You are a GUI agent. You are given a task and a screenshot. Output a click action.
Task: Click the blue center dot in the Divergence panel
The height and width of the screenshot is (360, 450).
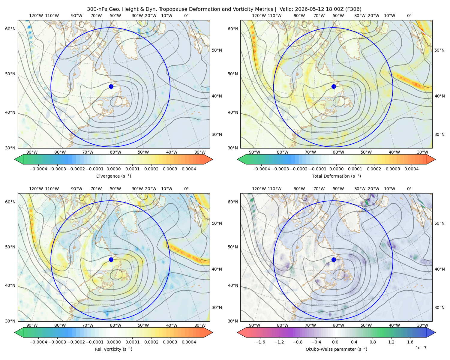coord(111,87)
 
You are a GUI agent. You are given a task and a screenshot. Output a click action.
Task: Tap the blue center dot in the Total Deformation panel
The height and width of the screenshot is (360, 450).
coord(334,87)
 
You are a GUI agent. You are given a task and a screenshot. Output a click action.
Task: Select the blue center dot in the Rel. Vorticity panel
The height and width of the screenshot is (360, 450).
coord(111,259)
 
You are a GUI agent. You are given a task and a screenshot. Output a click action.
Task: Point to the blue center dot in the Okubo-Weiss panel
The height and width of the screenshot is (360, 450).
coord(334,259)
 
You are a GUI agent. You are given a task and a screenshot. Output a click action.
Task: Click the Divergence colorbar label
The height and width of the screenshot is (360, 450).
coord(113,176)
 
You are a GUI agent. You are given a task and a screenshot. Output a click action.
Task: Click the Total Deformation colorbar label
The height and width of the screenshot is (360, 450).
coord(336,176)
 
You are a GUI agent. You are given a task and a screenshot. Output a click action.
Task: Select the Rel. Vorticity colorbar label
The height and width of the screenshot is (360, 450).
coord(113,349)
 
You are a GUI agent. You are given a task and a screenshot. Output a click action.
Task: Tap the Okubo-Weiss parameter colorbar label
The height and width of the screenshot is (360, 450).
coord(336,349)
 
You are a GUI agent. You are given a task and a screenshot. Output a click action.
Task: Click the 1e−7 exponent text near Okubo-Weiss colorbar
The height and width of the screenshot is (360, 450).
coord(421,348)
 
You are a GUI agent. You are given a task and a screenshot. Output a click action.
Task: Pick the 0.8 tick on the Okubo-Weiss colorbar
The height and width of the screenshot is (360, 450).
coord(373,342)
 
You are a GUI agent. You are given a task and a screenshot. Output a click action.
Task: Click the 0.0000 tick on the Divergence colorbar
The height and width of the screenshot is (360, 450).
coord(113,169)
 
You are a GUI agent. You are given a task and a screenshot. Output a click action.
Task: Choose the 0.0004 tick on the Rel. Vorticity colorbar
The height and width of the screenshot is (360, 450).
coord(189,342)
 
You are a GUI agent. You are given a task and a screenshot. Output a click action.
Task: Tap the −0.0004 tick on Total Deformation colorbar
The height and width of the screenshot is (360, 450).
coord(261,169)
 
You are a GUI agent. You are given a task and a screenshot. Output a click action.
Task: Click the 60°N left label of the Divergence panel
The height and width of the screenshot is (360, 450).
coord(10,29)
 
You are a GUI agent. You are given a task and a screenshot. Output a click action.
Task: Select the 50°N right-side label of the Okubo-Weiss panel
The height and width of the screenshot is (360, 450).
coord(439,223)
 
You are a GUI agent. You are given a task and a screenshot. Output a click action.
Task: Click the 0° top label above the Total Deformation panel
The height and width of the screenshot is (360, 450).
coord(409,16)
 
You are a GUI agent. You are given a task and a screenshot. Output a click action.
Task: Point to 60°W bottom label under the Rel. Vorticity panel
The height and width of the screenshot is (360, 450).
coord(115,325)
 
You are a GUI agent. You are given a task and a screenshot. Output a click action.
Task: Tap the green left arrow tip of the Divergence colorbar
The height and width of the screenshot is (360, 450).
coord(15,159)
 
